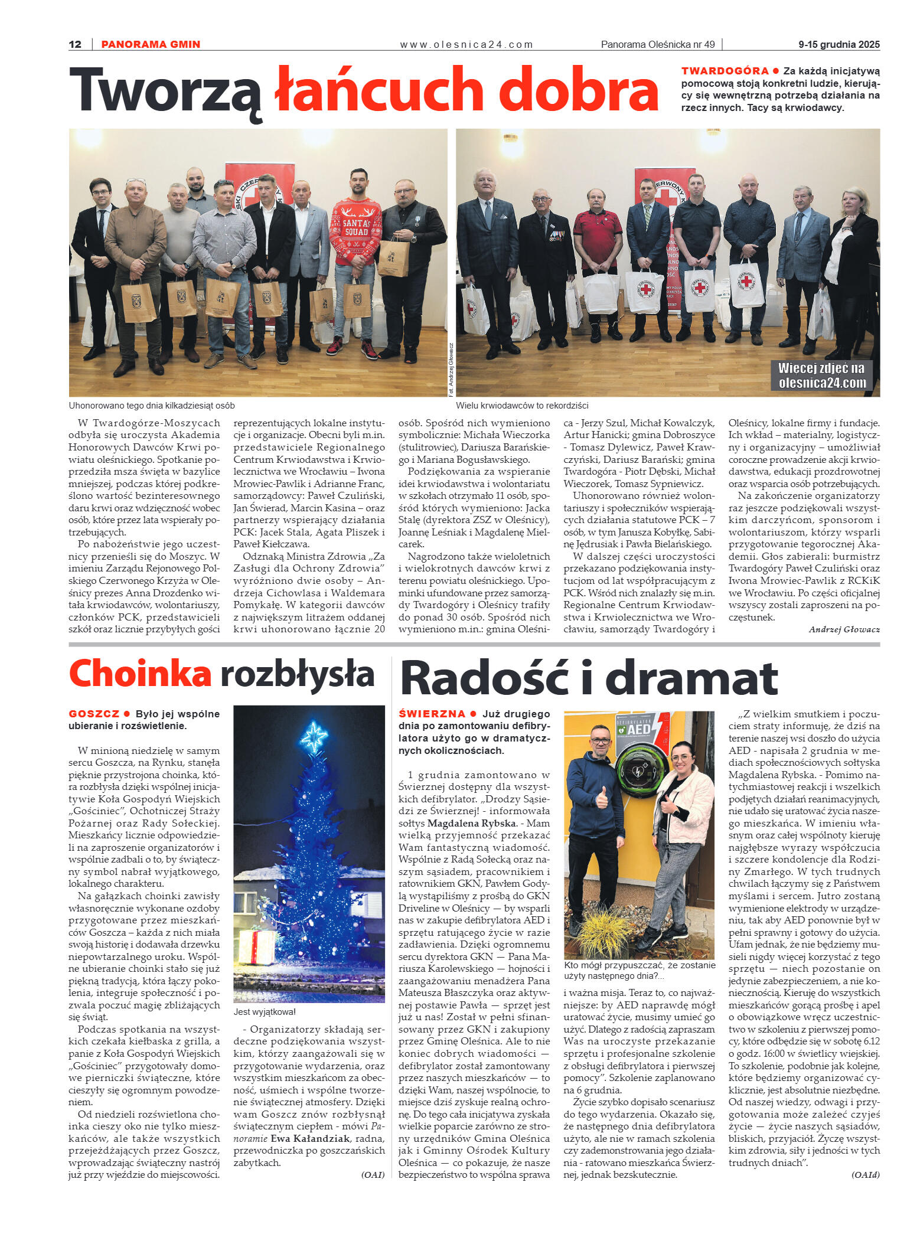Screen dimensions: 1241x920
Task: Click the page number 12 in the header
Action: click(75, 44)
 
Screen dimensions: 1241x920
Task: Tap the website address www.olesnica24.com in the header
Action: click(466, 44)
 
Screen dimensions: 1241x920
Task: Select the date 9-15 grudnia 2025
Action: click(839, 44)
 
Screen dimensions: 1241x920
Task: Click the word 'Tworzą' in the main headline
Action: click(166, 90)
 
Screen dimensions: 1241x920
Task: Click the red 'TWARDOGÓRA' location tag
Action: click(725, 71)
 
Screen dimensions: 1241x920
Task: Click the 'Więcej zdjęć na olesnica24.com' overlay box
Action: click(821, 375)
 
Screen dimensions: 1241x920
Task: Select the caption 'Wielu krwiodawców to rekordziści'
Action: click(522, 406)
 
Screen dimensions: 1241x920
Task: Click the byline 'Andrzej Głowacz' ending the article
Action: click(844, 629)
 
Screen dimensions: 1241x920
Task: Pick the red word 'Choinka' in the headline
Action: click(140, 673)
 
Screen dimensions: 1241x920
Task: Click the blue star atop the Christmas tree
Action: click(314, 736)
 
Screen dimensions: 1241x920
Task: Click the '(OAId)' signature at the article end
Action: click(865, 1175)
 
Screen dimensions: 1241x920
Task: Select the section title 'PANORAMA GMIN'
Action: click(151, 44)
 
